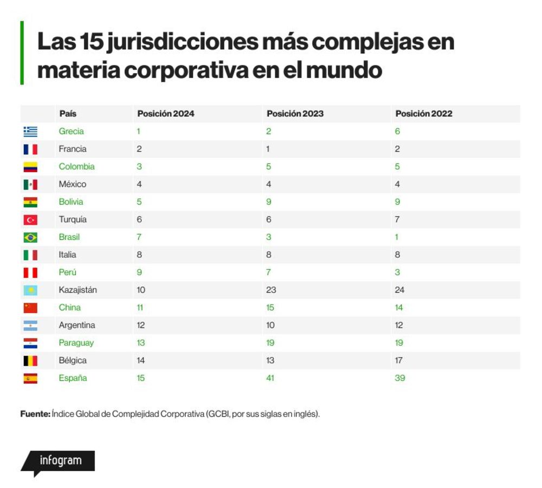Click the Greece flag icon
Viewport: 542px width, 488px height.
click(x=30, y=132)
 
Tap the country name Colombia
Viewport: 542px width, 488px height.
click(x=76, y=166)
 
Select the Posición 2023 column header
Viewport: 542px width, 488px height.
click(x=295, y=114)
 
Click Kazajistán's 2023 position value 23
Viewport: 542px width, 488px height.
click(x=271, y=290)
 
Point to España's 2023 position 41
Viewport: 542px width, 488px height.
click(x=270, y=378)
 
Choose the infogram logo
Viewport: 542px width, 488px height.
click(x=58, y=463)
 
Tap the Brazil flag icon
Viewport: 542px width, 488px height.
click(x=30, y=237)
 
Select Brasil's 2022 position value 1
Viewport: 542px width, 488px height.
click(x=397, y=237)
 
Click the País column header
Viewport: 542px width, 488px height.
click(x=68, y=114)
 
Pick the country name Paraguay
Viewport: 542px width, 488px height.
click(x=76, y=343)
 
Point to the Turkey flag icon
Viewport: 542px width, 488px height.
click(x=30, y=220)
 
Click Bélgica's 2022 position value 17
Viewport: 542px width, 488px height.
click(x=399, y=360)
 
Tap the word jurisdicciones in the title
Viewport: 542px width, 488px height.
click(x=183, y=42)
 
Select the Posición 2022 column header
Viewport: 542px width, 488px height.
click(x=424, y=114)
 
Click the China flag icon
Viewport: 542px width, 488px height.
click(x=30, y=308)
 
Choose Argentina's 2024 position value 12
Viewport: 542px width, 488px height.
click(x=141, y=325)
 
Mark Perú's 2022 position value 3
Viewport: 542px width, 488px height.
click(x=397, y=272)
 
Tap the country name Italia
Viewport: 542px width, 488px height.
click(x=67, y=255)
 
